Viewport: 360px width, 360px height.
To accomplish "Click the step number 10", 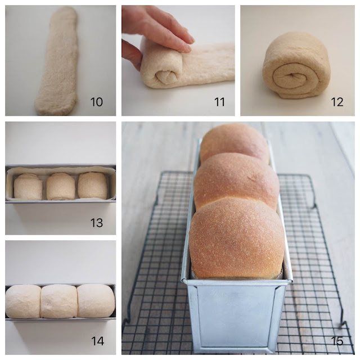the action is [97, 102].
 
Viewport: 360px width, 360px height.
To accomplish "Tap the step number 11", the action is [219, 102].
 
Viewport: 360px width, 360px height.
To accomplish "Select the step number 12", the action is [337, 102].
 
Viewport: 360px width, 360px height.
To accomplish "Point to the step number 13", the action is [96, 223].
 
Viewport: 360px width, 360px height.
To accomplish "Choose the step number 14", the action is [97, 341].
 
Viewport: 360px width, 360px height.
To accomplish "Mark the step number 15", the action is [337, 341].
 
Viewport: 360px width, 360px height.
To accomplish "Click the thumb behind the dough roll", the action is [131, 54].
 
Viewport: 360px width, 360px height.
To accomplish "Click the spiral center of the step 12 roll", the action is [292, 75].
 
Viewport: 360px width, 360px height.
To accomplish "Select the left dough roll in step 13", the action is [28, 186].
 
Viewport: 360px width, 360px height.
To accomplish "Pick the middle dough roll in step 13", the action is [61, 186].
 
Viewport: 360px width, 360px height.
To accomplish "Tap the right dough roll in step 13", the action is [93, 186].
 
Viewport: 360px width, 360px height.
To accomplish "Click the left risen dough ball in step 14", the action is [23, 301].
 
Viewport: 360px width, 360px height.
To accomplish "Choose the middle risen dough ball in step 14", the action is [58, 301].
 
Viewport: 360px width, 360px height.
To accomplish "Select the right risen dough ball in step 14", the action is [96, 301].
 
